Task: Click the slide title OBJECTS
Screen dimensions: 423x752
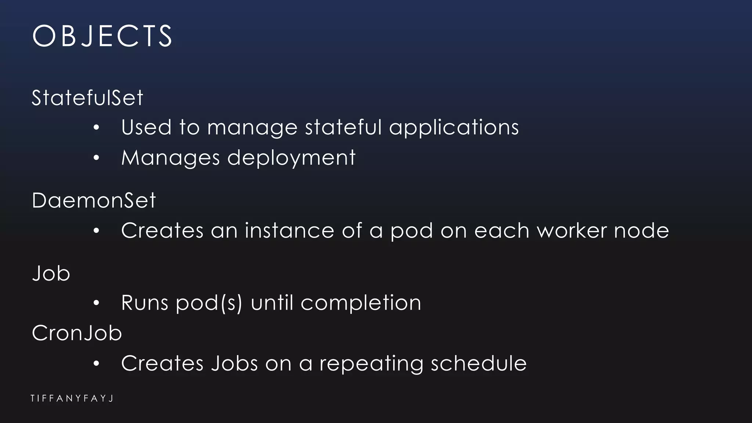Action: coord(102,36)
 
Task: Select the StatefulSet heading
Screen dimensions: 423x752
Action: coord(87,98)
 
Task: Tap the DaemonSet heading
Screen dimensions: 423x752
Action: coord(94,201)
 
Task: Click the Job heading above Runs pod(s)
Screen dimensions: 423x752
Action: coord(51,274)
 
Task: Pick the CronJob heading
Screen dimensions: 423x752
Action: coord(77,333)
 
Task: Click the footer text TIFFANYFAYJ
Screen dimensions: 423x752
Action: coord(72,398)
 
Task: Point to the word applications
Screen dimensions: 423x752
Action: coord(454,128)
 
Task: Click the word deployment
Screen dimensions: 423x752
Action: coord(291,158)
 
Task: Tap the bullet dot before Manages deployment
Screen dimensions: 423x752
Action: coord(96,158)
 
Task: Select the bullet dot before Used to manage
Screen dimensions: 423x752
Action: coord(96,128)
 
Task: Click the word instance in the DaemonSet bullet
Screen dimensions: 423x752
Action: coord(289,231)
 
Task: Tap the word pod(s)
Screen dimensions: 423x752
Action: coord(209,303)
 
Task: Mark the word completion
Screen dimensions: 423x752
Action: coord(361,303)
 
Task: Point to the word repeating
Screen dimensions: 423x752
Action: coord(371,364)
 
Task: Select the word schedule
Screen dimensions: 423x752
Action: coord(478,364)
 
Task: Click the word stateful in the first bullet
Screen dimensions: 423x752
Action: coord(344,128)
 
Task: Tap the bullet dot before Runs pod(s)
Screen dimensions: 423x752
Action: coord(96,303)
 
